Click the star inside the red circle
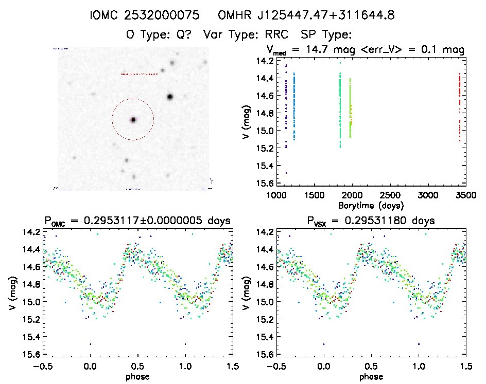(133, 120)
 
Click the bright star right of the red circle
(170, 97)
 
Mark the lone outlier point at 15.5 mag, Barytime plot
(286, 173)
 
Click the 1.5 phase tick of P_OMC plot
(232, 366)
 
